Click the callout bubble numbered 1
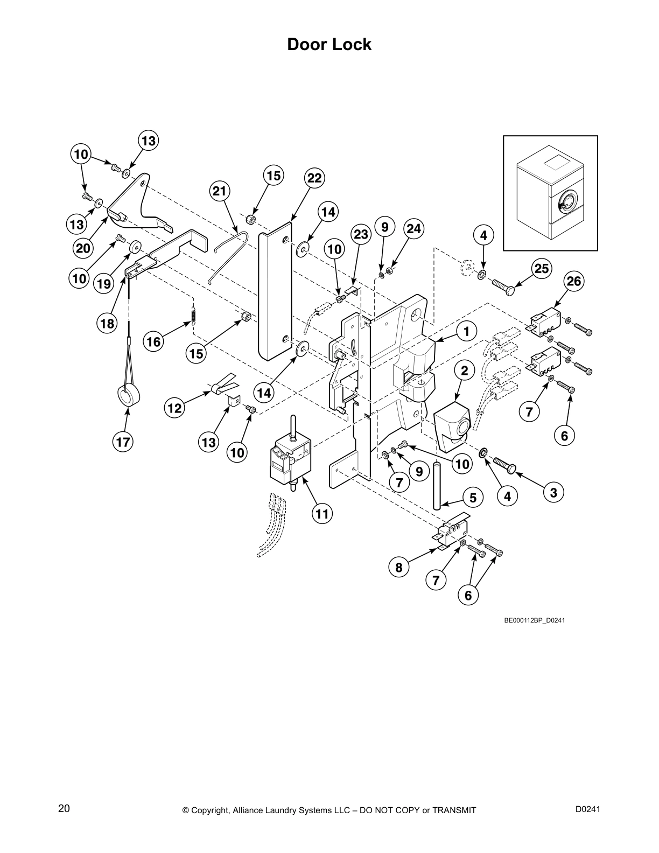467,332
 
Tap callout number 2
464,370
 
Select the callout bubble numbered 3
553,492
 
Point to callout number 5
473,498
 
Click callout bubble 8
398,567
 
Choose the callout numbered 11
321,514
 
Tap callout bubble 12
174,408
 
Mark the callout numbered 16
154,341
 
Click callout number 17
123,442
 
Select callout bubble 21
220,191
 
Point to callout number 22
314,178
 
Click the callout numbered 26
574,281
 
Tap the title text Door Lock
329,44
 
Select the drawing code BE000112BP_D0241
534,620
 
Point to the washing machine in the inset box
549,199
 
